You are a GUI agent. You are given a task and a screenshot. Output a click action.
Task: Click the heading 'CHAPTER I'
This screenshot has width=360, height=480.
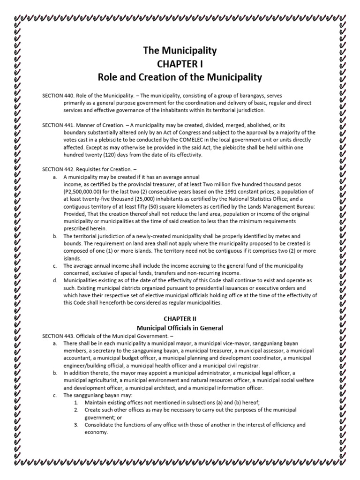tap(180, 63)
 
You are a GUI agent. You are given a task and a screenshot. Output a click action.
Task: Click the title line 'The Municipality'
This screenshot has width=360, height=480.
tap(180, 51)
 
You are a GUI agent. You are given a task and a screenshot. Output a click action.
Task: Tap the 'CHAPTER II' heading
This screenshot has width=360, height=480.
tap(180, 319)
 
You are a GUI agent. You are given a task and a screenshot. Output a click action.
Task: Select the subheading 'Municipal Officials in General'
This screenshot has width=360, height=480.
tap(180, 328)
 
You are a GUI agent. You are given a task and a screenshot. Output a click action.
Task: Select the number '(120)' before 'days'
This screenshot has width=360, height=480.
tap(106, 155)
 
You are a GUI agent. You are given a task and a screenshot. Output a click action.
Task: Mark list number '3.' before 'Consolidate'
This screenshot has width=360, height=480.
tap(76, 425)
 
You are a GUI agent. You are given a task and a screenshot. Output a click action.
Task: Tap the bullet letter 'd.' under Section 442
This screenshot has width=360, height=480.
tap(55, 280)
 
